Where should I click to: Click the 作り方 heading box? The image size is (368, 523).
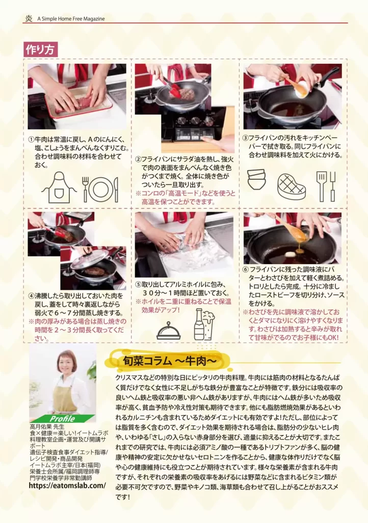click(x=40, y=50)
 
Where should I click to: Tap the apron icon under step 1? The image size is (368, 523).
click(x=59, y=187)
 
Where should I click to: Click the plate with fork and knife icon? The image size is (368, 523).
click(x=100, y=189)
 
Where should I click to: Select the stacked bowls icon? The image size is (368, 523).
click(x=256, y=179)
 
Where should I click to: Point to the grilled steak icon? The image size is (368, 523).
click(x=292, y=186)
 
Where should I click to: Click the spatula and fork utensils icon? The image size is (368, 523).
click(x=326, y=187)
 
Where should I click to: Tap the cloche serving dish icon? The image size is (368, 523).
click(x=169, y=330)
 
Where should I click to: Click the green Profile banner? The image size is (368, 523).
click(x=62, y=419)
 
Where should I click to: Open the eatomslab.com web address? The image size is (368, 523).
click(x=67, y=486)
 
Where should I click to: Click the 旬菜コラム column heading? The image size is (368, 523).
click(x=170, y=361)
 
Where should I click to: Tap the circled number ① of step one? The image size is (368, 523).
click(x=31, y=139)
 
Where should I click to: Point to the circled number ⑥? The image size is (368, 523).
click(x=246, y=270)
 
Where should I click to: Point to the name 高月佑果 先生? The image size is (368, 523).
click(x=47, y=426)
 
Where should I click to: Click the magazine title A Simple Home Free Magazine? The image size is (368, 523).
click(x=71, y=19)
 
